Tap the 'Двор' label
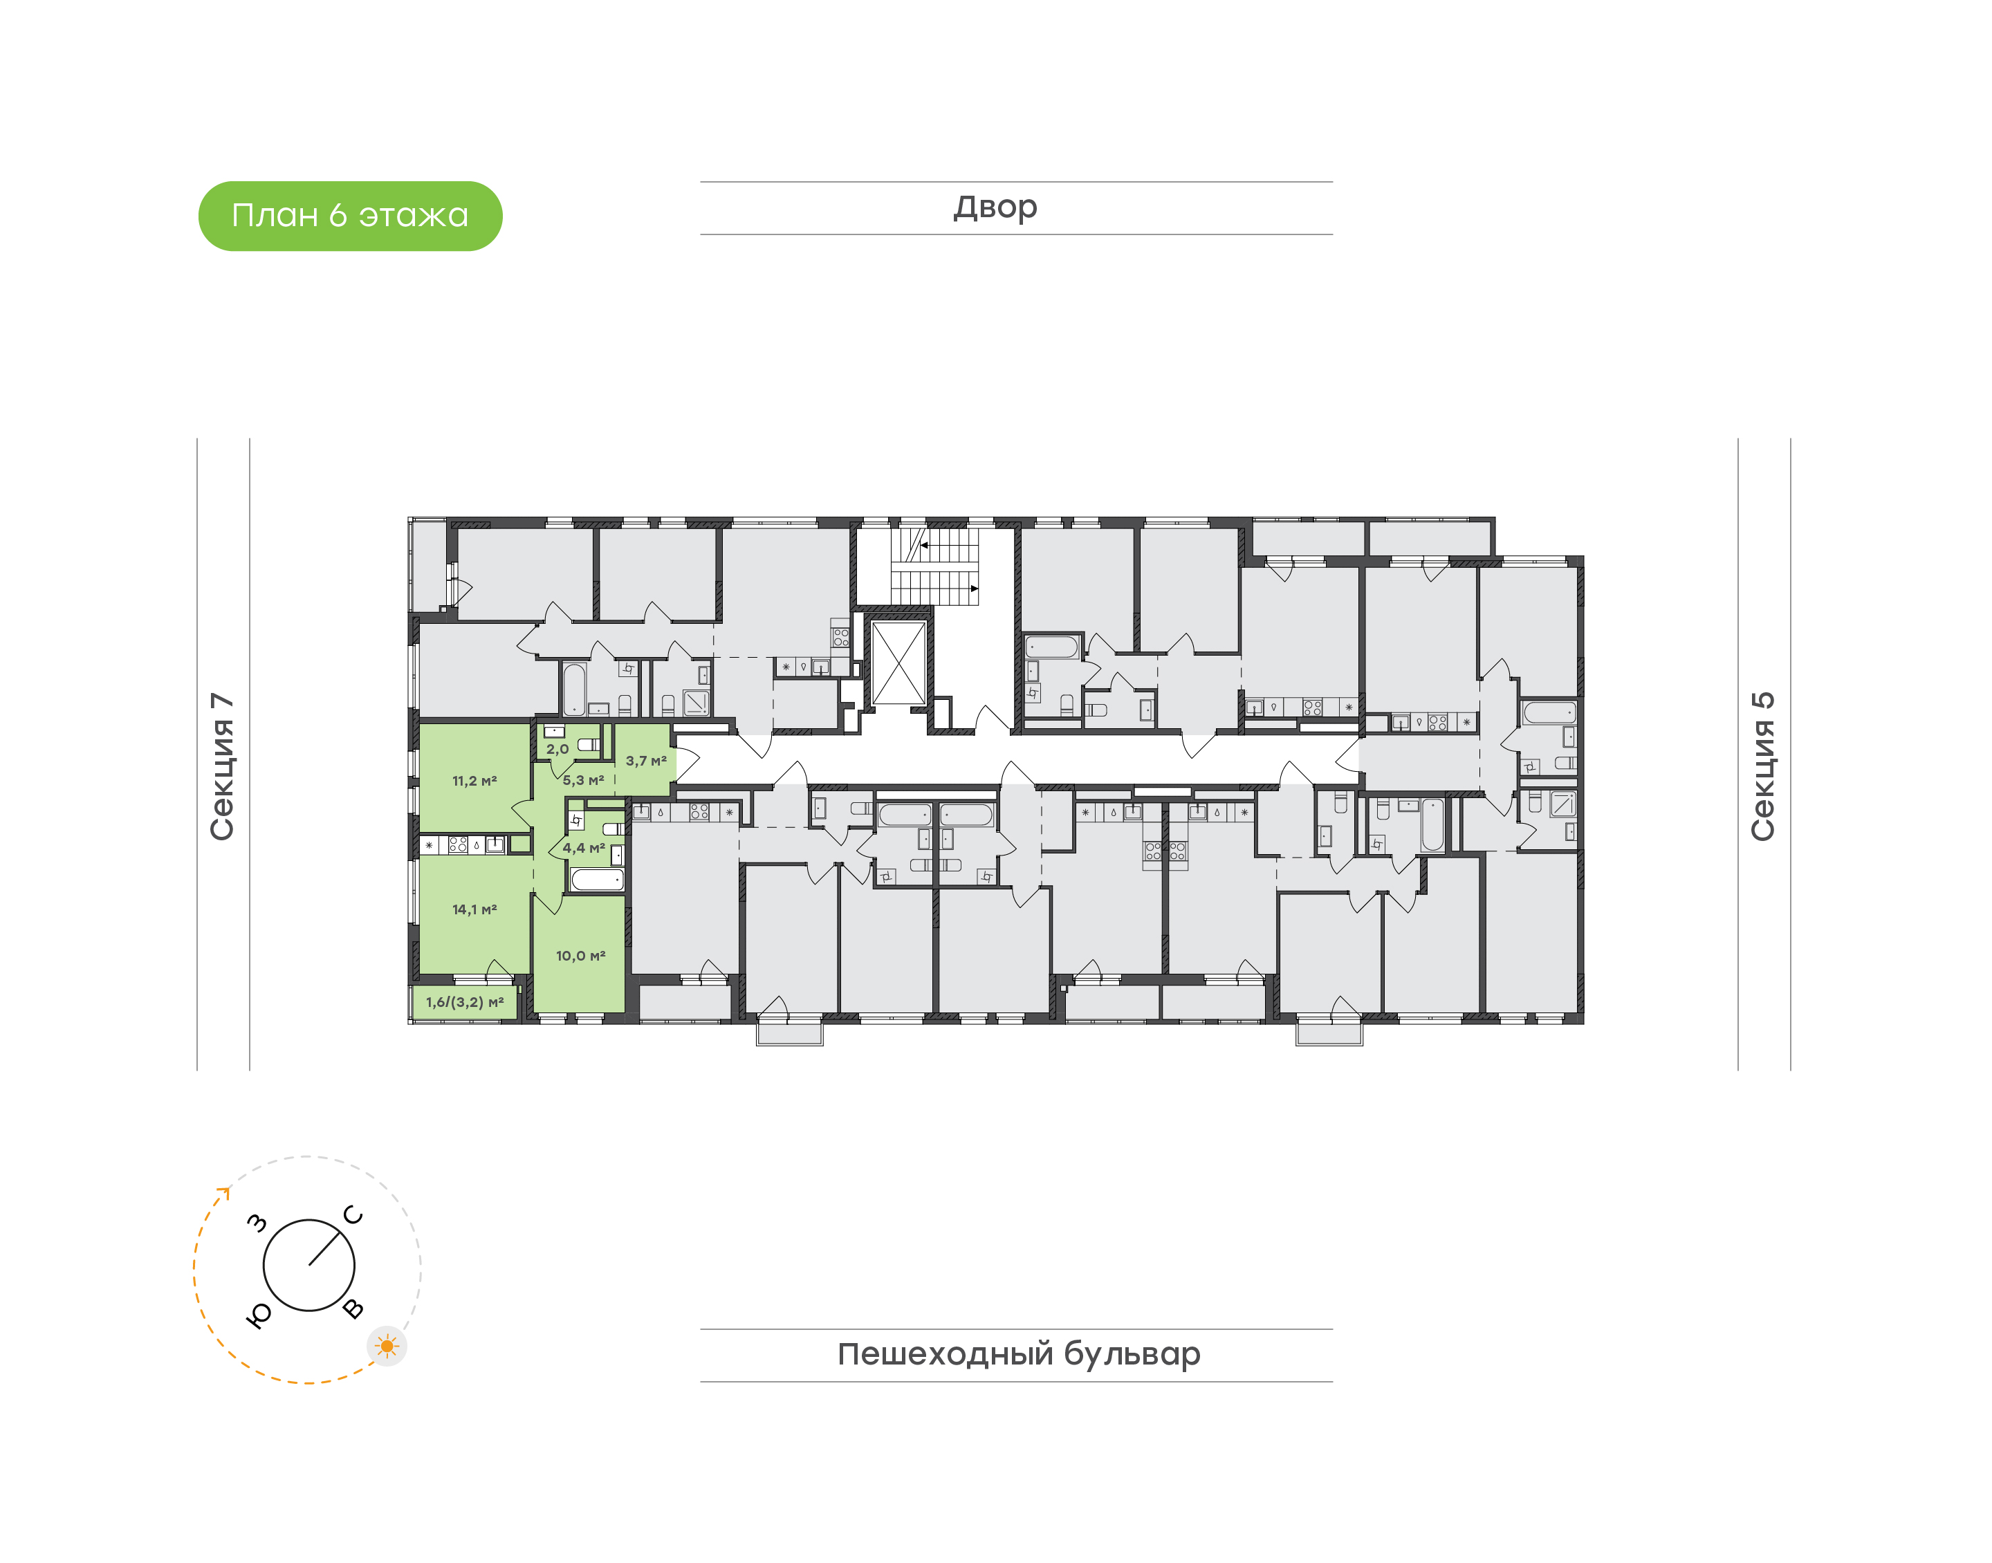pyautogui.click(x=995, y=207)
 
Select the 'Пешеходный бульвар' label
pyautogui.click(x=1018, y=1354)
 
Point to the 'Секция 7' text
pyautogui.click(x=222, y=766)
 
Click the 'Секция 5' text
pyautogui.click(x=1763, y=766)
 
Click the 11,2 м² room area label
pyautogui.click(x=474, y=781)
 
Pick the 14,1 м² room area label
pyautogui.click(x=474, y=909)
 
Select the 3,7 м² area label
pyautogui.click(x=646, y=761)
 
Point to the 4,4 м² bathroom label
pyautogui.click(x=583, y=849)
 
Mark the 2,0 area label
pyautogui.click(x=557, y=750)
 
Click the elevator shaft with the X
pyautogui.click(x=898, y=663)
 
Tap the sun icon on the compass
pyautogui.click(x=387, y=1346)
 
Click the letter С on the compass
pyautogui.click(x=353, y=1215)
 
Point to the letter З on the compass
pyautogui.click(x=258, y=1223)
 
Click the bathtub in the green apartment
pyautogui.click(x=598, y=880)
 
